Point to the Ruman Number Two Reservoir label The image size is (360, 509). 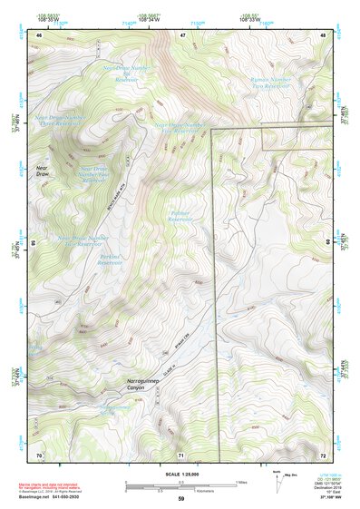[x=268, y=85]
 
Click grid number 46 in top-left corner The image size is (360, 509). [x=39, y=34]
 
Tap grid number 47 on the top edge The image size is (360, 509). [x=181, y=34]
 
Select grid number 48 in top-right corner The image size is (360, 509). [x=323, y=34]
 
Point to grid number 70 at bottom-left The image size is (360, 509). [x=39, y=454]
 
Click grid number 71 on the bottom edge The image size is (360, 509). [x=181, y=454]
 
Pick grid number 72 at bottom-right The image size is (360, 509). [x=323, y=454]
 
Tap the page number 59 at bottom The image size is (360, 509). [x=180, y=499]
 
